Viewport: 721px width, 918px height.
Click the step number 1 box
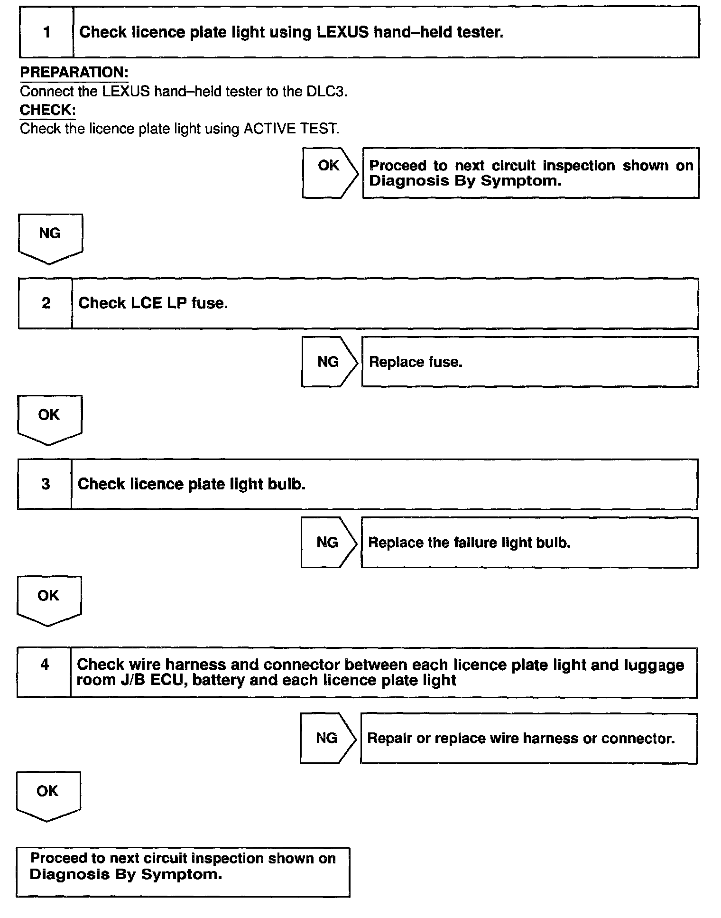point(46,32)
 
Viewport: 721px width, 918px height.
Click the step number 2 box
point(46,303)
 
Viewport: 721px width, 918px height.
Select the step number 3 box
point(45,484)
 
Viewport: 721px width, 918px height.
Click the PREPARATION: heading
point(74,73)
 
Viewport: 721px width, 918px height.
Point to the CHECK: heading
point(47,110)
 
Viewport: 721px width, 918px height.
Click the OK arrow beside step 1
point(329,173)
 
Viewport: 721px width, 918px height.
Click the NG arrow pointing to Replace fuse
point(328,362)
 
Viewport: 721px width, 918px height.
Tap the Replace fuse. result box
point(529,362)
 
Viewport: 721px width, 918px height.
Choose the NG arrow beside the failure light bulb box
point(327,543)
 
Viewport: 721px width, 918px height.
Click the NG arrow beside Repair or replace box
point(327,738)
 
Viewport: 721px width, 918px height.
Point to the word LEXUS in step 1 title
point(342,32)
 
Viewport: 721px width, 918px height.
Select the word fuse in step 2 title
point(209,303)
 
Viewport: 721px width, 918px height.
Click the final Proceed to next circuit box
point(183,872)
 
